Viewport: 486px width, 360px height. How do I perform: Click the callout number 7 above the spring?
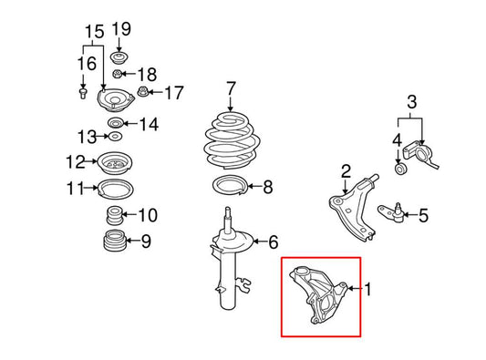point(231,88)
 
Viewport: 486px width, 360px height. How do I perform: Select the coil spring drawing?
point(231,139)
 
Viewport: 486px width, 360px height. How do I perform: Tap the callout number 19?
point(121,28)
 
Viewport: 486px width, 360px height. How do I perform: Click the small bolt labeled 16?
point(85,93)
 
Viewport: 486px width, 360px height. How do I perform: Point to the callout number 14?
point(149,124)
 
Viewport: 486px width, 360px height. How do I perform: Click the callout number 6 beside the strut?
point(272,242)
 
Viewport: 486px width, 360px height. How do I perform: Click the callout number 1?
point(370,290)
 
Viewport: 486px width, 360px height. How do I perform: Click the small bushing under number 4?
point(398,169)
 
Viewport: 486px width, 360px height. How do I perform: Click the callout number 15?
point(90,33)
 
